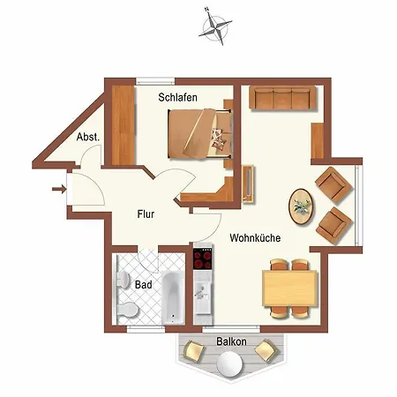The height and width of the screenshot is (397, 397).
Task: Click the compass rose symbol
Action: click(215, 27)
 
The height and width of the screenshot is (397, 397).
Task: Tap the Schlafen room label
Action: click(177, 97)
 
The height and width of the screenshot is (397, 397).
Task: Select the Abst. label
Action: click(88, 137)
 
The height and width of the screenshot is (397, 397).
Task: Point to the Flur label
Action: click(146, 214)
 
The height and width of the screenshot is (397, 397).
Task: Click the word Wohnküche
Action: click(255, 237)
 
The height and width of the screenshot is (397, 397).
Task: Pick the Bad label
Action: click(144, 285)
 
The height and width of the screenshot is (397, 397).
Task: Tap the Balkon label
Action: click(231, 341)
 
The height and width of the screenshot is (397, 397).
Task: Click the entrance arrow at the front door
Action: click(59, 189)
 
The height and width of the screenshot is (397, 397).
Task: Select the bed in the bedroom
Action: click(199, 134)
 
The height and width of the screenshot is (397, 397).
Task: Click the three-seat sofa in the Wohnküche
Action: click(282, 98)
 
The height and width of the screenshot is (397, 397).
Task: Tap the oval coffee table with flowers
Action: click(301, 206)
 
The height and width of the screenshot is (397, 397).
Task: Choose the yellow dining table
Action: click(290, 288)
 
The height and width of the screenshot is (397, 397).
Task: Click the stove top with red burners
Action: click(202, 258)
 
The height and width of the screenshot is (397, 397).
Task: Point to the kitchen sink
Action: click(202, 296)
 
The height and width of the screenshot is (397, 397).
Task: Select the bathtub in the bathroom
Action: click(173, 297)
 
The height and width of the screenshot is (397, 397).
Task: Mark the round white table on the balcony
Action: click(229, 364)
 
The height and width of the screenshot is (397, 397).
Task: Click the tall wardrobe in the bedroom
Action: click(124, 125)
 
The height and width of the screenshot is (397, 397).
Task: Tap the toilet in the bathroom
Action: click(128, 310)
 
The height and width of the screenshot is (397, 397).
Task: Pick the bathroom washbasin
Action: click(124, 279)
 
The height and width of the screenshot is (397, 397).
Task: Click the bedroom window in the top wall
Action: click(155, 81)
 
